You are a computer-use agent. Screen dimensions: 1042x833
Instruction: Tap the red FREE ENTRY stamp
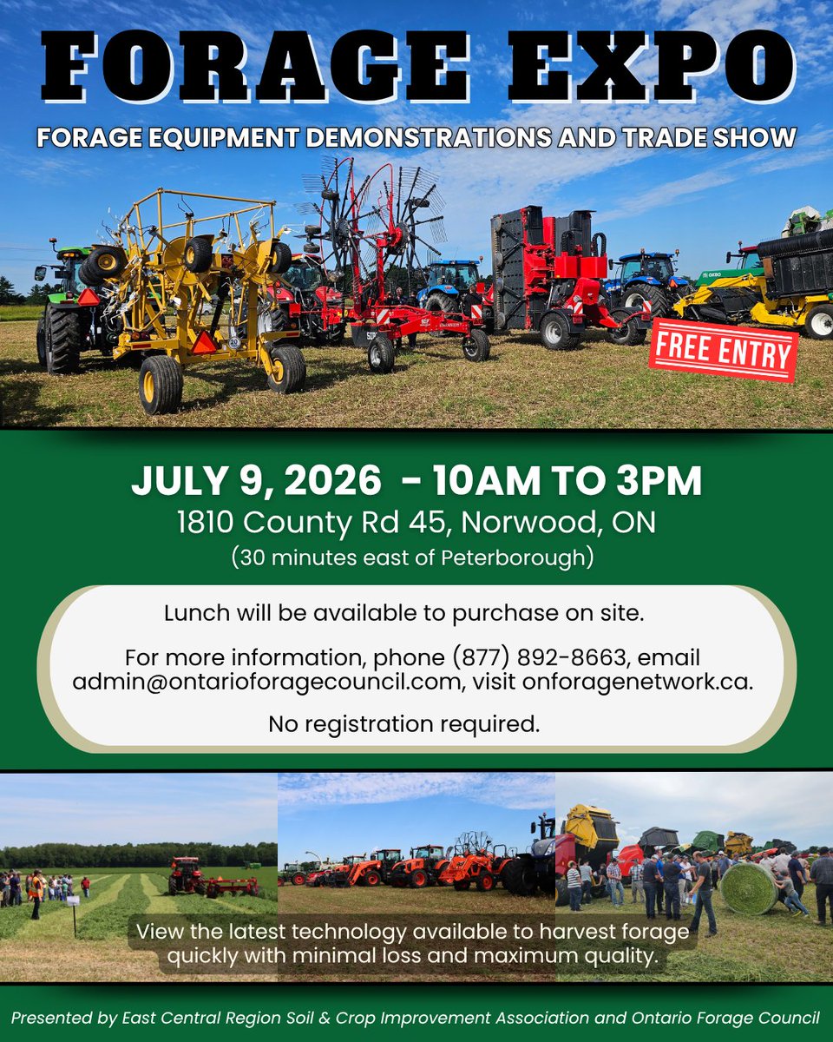[723, 352]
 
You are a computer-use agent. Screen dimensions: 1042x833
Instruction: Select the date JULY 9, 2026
[255, 481]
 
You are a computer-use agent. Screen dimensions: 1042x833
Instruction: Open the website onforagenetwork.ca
[638, 682]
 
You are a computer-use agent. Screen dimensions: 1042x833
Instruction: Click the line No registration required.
[403, 723]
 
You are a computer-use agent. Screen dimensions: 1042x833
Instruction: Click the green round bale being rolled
[748, 888]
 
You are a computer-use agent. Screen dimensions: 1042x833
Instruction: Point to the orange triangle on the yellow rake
[204, 343]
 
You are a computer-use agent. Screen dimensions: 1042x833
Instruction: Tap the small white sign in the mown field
[74, 900]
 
